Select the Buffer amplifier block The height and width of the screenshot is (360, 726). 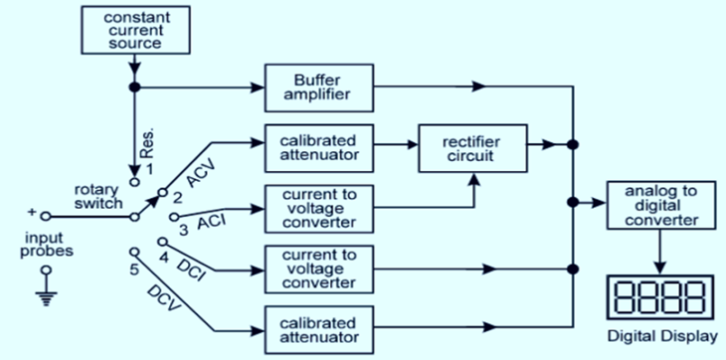coord(318,88)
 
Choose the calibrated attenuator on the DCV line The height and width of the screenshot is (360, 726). coord(318,329)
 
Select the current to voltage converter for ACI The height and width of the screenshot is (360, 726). coord(318,209)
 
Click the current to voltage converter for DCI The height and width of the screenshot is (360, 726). coord(318,269)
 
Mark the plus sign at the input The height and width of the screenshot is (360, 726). coord(33,214)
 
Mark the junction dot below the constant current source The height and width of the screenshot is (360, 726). coord(134,88)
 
